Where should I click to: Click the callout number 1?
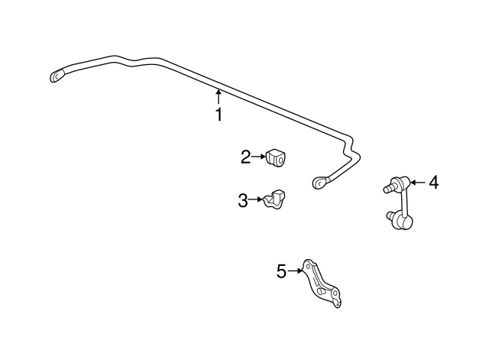point(219,114)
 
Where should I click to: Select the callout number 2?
point(246,157)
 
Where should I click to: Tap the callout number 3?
point(243,200)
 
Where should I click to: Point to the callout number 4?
point(433,183)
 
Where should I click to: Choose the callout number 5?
point(281,271)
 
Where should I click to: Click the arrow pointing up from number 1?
point(219,97)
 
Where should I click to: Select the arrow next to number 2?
point(258,157)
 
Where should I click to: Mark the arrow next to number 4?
point(418,183)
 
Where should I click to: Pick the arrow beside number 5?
point(295,271)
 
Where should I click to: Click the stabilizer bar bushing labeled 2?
point(277,158)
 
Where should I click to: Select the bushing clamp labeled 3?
point(275,199)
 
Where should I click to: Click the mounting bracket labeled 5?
point(322,283)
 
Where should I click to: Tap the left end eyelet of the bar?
point(57,76)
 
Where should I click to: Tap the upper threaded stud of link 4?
point(389,188)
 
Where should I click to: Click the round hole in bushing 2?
point(281,161)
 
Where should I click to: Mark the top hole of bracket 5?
point(308,268)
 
